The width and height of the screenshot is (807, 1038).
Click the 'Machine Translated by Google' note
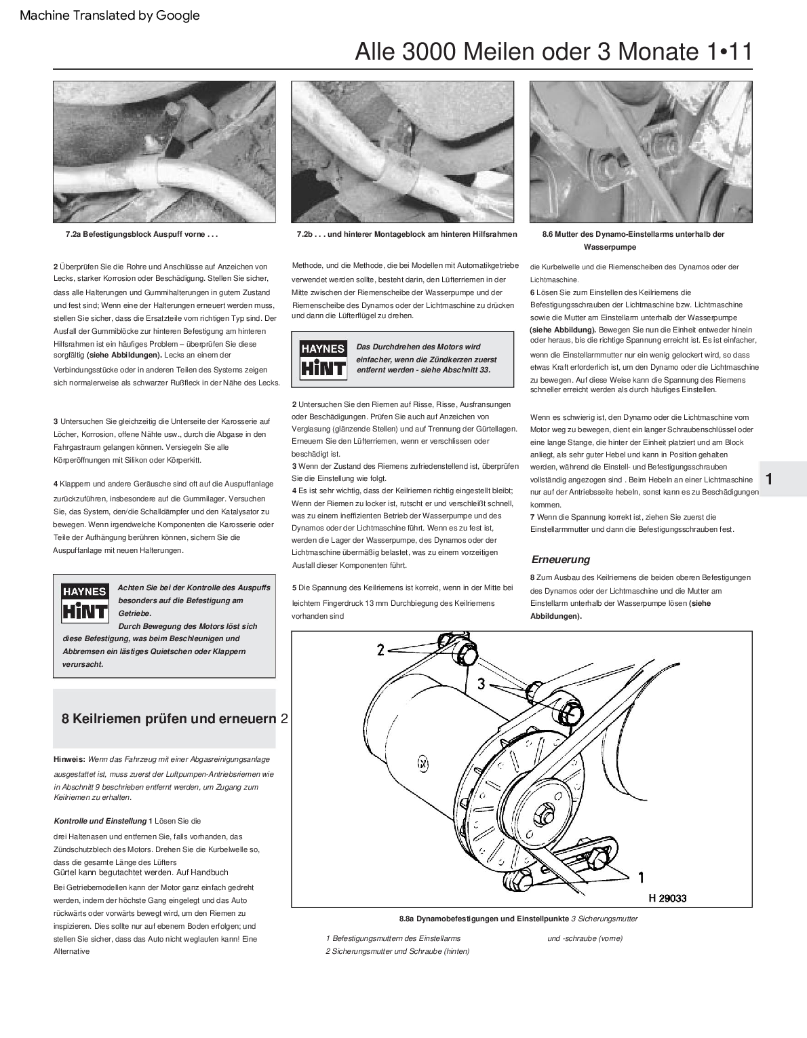110,16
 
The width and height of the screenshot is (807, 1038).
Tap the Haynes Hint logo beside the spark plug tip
323,360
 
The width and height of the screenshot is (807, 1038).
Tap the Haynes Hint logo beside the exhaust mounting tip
85,602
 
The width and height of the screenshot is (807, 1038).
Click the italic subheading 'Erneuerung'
560,560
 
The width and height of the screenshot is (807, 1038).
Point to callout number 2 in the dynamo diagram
381,649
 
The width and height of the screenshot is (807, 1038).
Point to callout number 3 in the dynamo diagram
481,683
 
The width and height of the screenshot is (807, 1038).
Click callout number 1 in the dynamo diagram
640,877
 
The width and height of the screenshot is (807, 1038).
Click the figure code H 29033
667,898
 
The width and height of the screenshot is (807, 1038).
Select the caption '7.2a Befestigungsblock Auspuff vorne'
141,234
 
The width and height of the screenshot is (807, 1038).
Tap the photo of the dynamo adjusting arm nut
641,152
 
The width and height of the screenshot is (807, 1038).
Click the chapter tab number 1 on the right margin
768,479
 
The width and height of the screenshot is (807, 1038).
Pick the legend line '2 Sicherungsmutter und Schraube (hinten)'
397,951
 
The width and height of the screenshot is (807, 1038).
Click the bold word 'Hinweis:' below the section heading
69,759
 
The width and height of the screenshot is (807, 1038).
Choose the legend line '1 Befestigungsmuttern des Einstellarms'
393,938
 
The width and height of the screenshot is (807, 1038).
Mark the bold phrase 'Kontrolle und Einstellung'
100,821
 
